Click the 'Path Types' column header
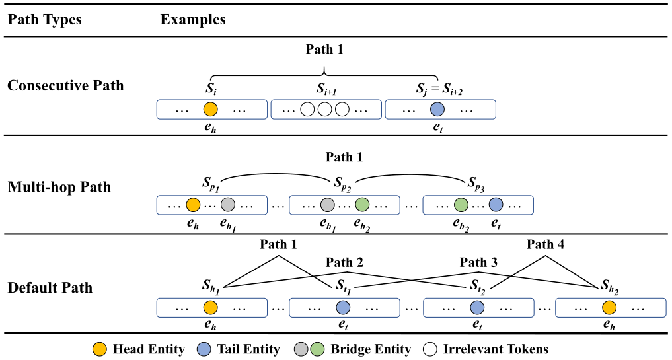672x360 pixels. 45,19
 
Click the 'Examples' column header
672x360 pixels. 193,19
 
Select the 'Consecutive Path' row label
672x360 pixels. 65,85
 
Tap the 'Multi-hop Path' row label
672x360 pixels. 59,187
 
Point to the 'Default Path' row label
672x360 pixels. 50,287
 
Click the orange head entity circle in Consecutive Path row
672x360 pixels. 210,110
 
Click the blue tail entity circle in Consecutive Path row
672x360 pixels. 437,110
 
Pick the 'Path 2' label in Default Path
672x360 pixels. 344,262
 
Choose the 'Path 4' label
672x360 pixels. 545,245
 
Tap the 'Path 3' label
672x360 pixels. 479,262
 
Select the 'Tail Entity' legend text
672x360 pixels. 248,348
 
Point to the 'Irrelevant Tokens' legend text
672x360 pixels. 496,348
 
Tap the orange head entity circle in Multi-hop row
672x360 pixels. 193,205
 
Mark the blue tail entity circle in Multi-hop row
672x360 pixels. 496,205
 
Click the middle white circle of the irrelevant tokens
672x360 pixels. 324,110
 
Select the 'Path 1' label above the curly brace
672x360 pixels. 324,49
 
